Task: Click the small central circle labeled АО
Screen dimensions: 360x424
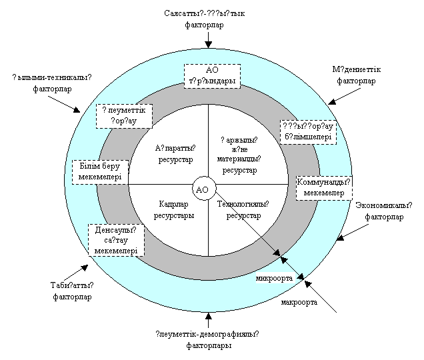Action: tap(203, 190)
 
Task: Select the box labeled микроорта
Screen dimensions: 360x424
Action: tap(275, 278)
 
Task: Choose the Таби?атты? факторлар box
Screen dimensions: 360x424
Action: tap(72, 291)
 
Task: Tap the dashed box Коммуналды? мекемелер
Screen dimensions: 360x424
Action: tap(323, 187)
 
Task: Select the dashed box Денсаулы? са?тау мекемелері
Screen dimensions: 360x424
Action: tap(115, 240)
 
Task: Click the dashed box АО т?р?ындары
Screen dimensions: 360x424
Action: tap(211, 75)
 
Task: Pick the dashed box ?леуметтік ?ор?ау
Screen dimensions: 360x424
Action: tap(124, 116)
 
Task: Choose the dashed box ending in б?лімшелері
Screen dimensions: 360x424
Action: tap(307, 132)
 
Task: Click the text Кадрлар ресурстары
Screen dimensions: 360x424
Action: tap(174, 210)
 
